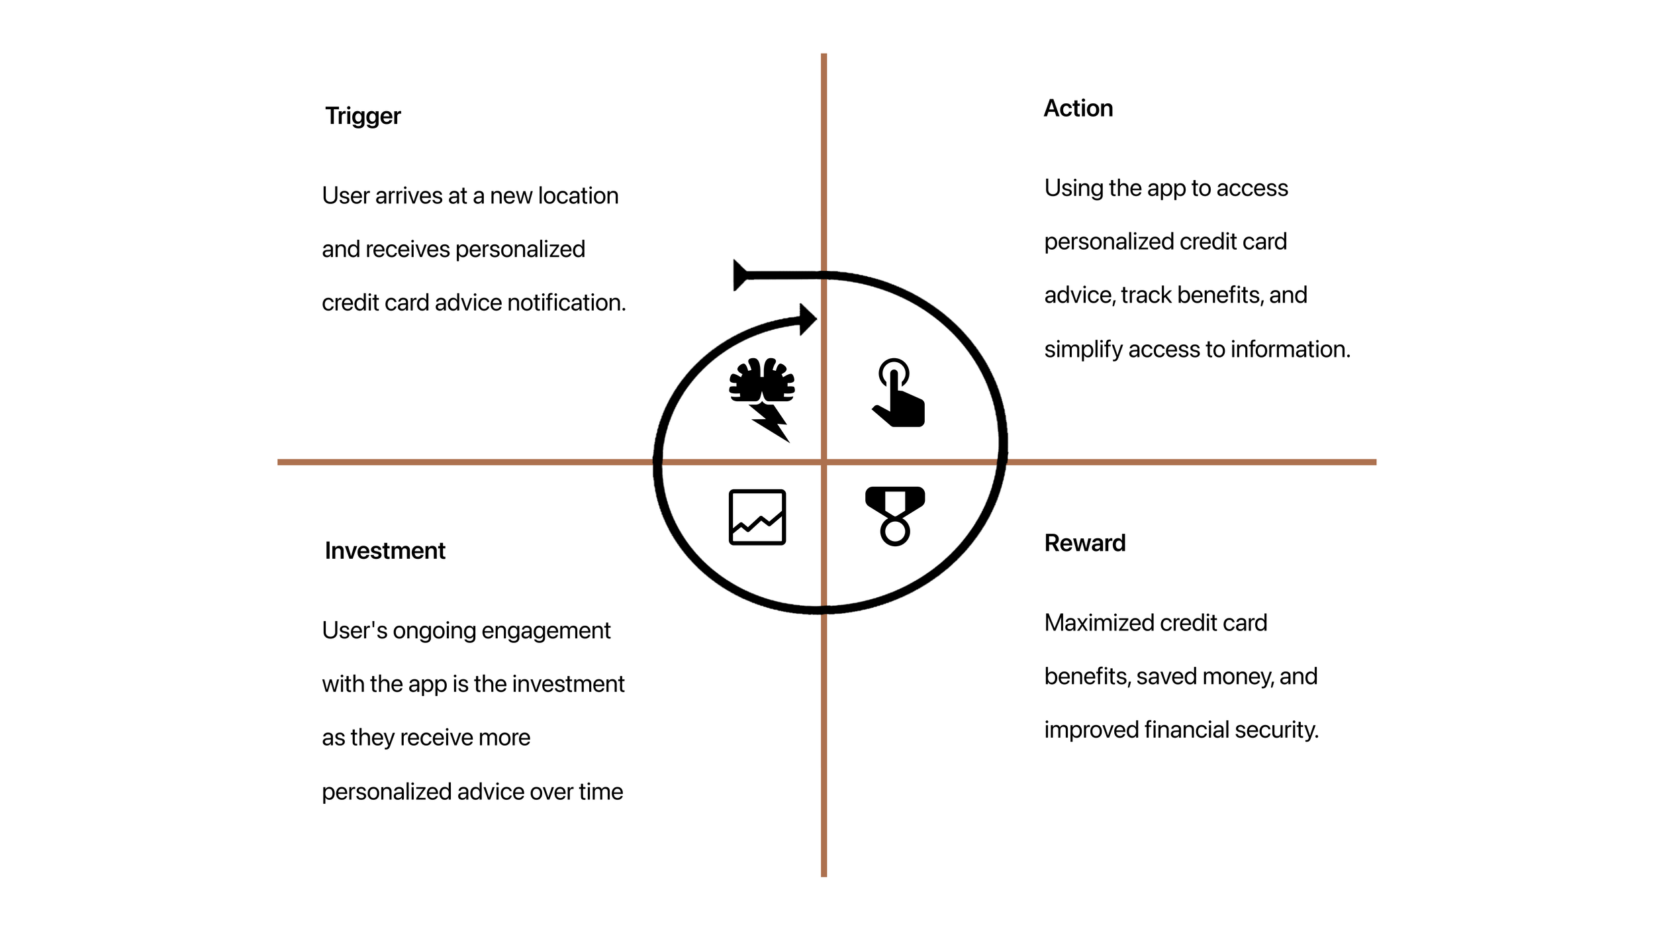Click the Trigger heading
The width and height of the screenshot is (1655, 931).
tap(363, 117)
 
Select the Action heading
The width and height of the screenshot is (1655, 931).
tap(1078, 109)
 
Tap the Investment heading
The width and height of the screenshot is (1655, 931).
tap(385, 551)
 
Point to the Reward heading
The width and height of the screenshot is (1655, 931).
tap(1084, 543)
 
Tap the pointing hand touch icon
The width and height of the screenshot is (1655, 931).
tap(898, 393)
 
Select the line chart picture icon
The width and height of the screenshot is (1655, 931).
tap(757, 517)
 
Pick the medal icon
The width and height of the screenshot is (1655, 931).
tap(894, 516)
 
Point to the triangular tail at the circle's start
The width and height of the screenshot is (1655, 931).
tap(740, 275)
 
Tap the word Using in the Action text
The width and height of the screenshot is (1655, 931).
tap(1073, 189)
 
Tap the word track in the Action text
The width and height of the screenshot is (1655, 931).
tap(1148, 295)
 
